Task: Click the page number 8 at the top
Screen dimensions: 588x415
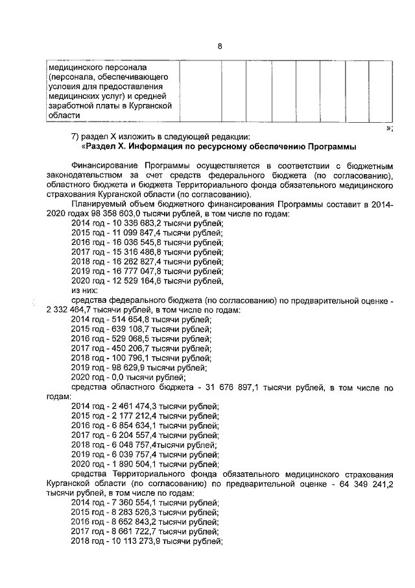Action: point(219,46)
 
